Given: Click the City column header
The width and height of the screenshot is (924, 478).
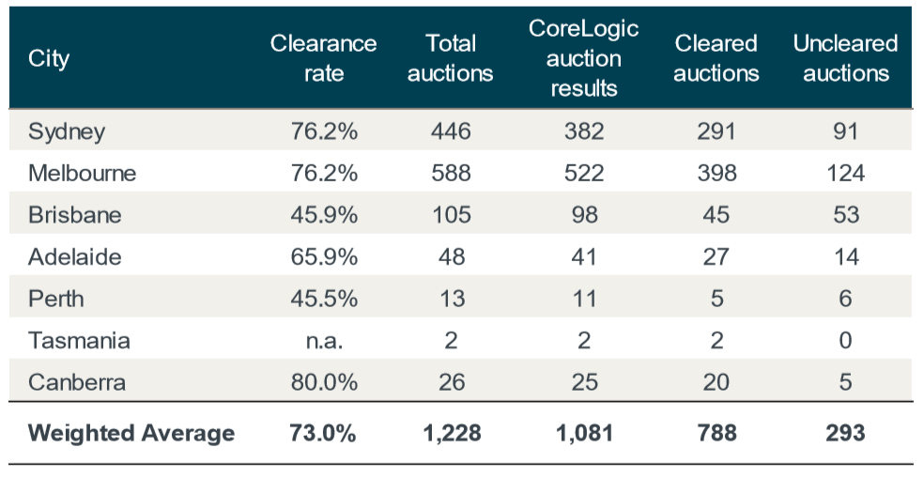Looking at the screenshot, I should (x=49, y=58).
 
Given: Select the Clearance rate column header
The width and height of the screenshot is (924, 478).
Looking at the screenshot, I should (x=323, y=58).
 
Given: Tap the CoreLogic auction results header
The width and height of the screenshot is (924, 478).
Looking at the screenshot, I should (x=584, y=58).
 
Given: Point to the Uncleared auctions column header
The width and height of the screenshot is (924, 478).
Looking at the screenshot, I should (x=845, y=58).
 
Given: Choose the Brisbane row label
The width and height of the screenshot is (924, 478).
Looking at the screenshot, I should (x=74, y=215).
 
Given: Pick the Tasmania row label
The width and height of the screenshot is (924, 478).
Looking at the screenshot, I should (x=79, y=340).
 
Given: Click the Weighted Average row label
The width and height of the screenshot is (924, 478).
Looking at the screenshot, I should (x=131, y=433).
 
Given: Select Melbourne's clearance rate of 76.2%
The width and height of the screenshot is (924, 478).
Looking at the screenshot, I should (x=324, y=174).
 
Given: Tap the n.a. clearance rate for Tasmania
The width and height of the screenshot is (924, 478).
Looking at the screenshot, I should (x=324, y=340).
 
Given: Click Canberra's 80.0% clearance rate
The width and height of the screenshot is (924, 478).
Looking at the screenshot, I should (x=324, y=382).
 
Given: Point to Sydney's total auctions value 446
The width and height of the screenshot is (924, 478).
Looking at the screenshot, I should (x=451, y=131).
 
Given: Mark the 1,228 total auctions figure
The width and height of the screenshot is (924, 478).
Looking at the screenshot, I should (x=451, y=433).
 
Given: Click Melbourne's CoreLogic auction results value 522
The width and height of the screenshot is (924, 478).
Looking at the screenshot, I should (x=584, y=174).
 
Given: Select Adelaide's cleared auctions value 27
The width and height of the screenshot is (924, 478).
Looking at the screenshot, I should (x=716, y=256).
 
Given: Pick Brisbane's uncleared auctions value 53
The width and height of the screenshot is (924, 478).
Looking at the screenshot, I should (x=845, y=215).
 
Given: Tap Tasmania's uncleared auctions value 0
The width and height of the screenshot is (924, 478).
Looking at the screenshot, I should (x=845, y=340).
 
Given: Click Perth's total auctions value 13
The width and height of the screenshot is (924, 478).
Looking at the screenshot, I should (x=451, y=299).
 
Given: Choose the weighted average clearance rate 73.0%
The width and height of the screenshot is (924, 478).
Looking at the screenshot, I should (x=324, y=433).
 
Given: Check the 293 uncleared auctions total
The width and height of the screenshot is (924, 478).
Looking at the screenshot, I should (x=845, y=433).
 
